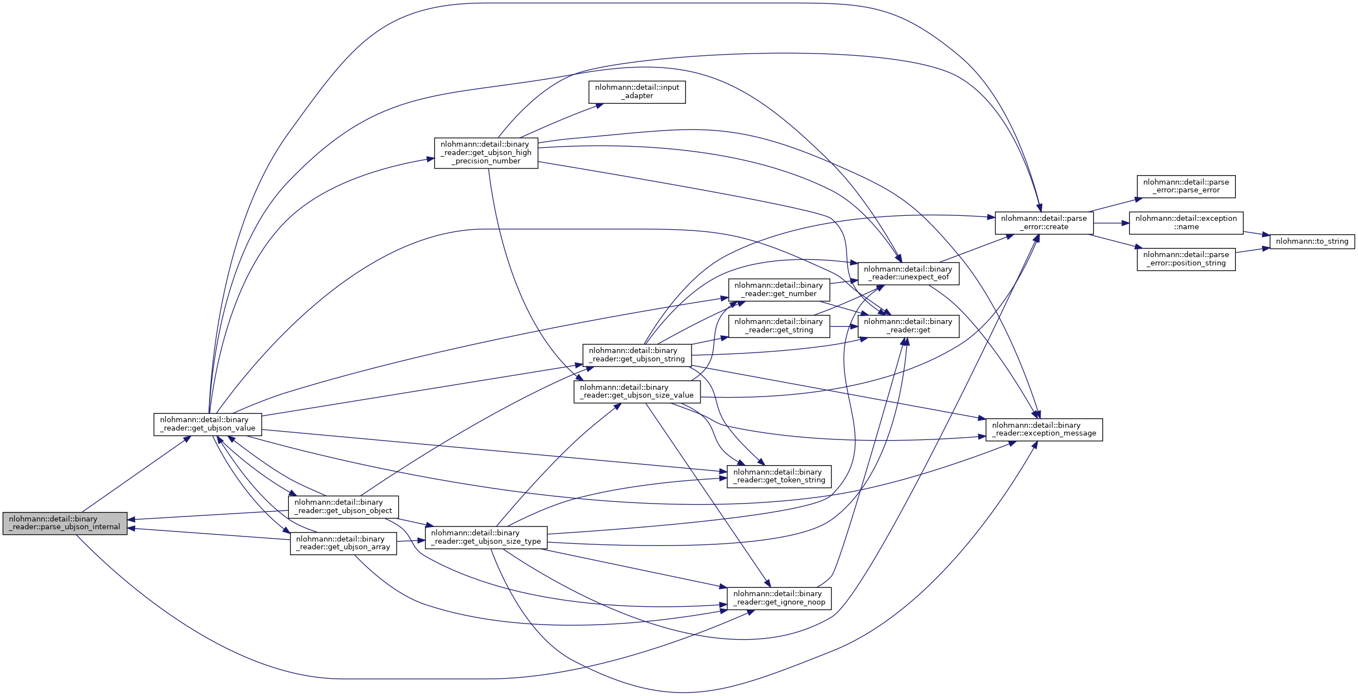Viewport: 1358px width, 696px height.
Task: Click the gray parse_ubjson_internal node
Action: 65,523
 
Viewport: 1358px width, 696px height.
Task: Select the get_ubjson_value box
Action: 207,424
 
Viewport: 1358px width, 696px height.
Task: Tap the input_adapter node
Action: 637,92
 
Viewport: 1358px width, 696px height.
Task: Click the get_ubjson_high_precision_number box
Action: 486,153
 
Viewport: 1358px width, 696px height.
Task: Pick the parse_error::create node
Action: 1044,223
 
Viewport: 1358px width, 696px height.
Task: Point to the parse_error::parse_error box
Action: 1186,186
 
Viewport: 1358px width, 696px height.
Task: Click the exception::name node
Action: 1186,223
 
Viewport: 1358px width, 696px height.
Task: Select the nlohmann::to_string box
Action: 1312,241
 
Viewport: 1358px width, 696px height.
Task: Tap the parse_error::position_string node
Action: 1186,259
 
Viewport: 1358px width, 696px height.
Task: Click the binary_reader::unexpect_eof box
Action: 908,273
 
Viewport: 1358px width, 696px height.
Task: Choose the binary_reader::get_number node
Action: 779,290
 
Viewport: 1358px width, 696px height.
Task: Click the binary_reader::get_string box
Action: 779,326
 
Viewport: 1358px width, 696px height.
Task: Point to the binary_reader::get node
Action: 908,326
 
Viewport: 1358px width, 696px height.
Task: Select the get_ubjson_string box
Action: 637,355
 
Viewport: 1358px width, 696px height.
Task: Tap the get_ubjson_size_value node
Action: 637,391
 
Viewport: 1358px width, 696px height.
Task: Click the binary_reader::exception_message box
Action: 1044,429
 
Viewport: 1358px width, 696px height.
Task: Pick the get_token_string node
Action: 779,476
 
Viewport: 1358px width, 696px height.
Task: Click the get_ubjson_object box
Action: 343,506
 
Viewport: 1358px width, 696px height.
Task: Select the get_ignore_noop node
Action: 779,598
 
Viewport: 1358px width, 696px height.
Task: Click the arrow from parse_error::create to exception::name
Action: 1111,223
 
